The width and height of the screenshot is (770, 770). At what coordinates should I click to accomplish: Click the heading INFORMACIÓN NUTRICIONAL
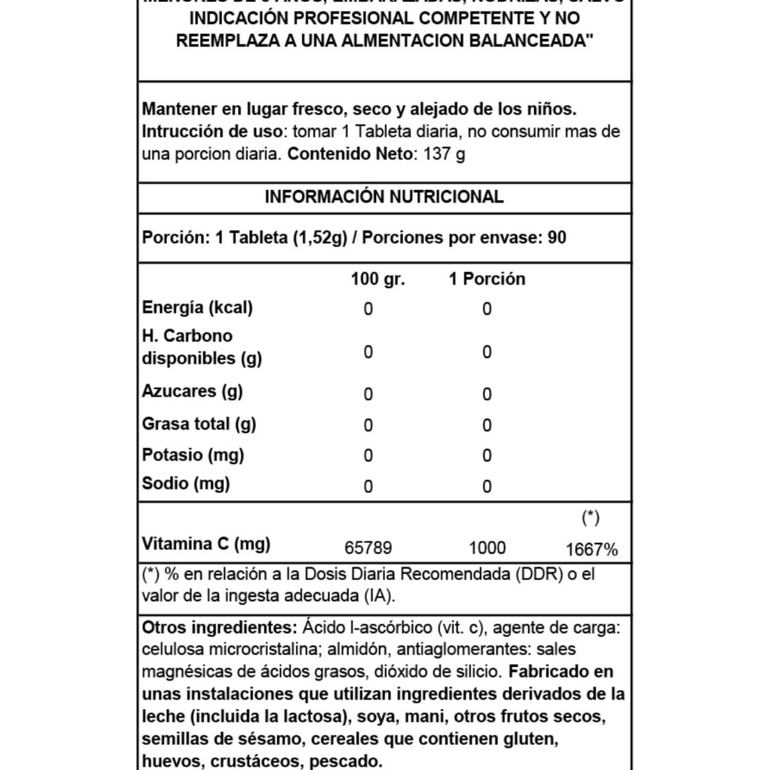point(384,197)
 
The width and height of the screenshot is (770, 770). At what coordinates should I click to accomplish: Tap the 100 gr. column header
point(377,279)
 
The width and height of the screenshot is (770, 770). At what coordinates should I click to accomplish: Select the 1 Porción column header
point(486,279)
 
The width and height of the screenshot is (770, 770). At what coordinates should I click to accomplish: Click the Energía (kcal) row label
point(197,307)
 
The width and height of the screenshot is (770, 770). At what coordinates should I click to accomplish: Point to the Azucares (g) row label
point(192,391)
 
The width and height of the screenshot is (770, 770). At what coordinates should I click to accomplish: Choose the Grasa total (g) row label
point(199,424)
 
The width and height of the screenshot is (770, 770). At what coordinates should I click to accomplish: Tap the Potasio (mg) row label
point(193,455)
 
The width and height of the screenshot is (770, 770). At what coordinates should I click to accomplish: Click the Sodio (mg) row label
point(185,484)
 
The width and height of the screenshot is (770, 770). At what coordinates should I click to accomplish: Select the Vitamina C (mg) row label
point(206,544)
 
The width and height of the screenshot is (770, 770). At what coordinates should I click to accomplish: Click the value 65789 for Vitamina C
point(368,549)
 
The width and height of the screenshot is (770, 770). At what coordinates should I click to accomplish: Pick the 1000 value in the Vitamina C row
point(487,549)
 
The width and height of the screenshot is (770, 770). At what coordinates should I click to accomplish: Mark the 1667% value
point(592,550)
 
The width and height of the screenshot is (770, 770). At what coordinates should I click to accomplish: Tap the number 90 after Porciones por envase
point(557,238)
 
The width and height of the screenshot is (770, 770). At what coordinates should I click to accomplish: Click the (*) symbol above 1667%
point(590,518)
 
